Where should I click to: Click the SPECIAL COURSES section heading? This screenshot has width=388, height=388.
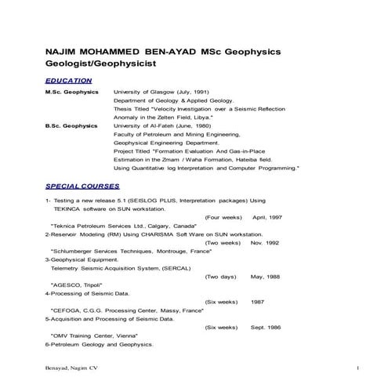tap(82, 187)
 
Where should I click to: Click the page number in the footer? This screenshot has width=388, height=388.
tap(357, 368)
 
